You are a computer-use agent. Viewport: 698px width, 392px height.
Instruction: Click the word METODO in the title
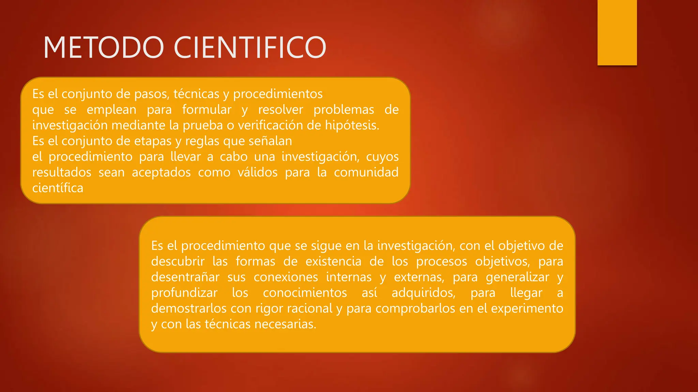coord(104,47)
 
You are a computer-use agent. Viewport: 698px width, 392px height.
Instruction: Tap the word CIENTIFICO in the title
coord(250,47)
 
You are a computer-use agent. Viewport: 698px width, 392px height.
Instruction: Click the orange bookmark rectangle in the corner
coord(617,32)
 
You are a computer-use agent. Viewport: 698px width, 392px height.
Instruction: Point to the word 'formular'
coord(207,110)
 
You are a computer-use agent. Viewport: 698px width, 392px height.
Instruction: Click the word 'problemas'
coord(344,110)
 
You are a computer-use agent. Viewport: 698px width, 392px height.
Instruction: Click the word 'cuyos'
coord(382,157)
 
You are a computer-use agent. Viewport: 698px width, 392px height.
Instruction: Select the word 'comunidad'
coord(366,172)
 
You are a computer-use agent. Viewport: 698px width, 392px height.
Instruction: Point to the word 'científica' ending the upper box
coord(58,188)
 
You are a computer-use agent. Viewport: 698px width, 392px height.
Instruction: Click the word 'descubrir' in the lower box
coord(178,261)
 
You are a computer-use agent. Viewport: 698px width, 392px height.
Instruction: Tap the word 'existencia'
coord(333,261)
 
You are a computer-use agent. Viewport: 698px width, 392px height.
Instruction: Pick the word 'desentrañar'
coord(185,277)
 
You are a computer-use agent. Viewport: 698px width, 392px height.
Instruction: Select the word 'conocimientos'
coord(305,293)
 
